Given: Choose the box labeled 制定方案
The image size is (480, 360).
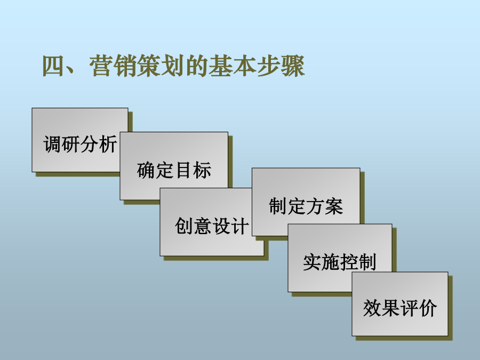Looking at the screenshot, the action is click(306, 199).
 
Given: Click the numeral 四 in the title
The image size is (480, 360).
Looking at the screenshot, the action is click(53, 66).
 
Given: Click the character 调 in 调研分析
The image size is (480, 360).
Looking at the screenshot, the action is click(52, 144).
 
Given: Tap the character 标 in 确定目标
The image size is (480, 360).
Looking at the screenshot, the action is click(202, 170).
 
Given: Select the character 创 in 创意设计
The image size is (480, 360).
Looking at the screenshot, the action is click(183, 226).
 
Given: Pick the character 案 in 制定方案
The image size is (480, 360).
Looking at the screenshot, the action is click(334, 206).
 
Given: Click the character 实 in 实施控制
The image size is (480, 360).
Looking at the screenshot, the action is click(312, 262).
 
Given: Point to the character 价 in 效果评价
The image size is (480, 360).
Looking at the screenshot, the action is click(428, 308).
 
